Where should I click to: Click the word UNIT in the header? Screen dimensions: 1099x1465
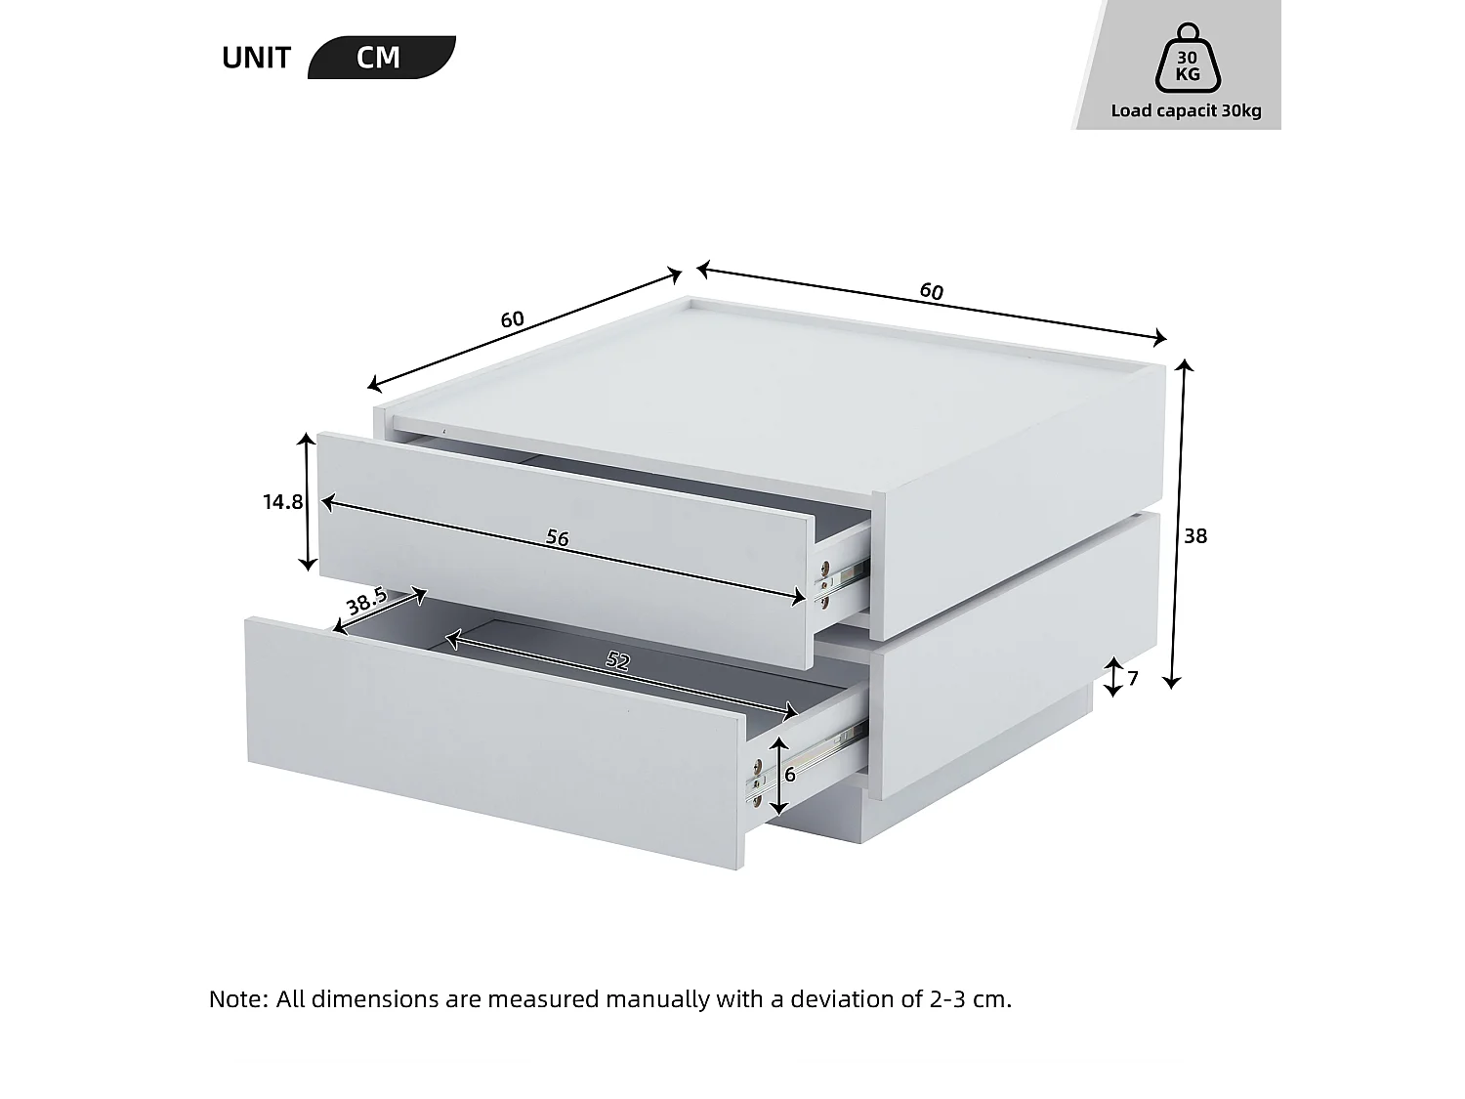(256, 58)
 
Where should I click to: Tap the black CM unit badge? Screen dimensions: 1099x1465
(380, 58)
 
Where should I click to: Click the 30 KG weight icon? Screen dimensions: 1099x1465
(1187, 60)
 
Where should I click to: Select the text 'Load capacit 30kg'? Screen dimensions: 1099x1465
(1186, 110)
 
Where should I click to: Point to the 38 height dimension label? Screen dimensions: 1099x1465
(1195, 535)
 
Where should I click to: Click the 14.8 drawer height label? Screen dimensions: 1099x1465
(282, 502)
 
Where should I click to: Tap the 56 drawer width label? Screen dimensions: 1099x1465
(557, 537)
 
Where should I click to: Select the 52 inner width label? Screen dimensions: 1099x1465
(617, 660)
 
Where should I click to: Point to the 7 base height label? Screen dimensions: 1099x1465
(1133, 677)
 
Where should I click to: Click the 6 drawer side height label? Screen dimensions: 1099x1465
(790, 775)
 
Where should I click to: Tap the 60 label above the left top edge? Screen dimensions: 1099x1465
(512, 319)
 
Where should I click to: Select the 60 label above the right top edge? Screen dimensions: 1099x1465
(931, 291)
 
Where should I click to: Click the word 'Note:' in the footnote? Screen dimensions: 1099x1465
(238, 998)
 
